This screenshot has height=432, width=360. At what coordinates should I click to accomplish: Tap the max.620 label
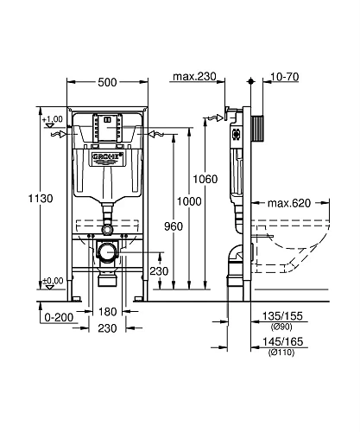pos(287,204)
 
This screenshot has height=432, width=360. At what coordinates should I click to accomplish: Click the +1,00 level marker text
pos(54,119)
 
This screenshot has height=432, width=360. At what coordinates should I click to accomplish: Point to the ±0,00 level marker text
pos(54,280)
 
